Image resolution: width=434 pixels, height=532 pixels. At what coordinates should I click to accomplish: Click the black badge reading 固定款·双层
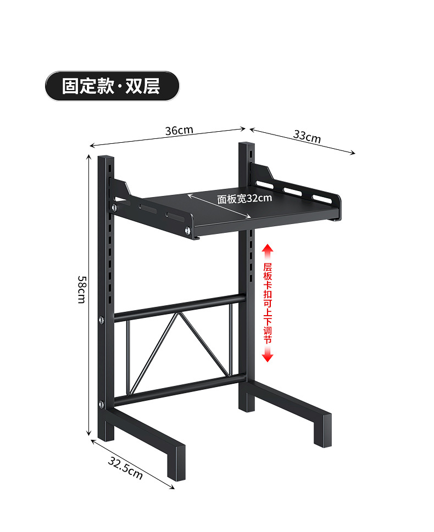(112, 86)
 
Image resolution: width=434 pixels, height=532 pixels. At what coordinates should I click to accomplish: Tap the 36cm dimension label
(179, 131)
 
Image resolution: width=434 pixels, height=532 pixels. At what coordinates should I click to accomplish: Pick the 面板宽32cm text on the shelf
(244, 199)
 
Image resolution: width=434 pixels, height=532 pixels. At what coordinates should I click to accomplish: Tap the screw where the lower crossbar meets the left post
(102, 405)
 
